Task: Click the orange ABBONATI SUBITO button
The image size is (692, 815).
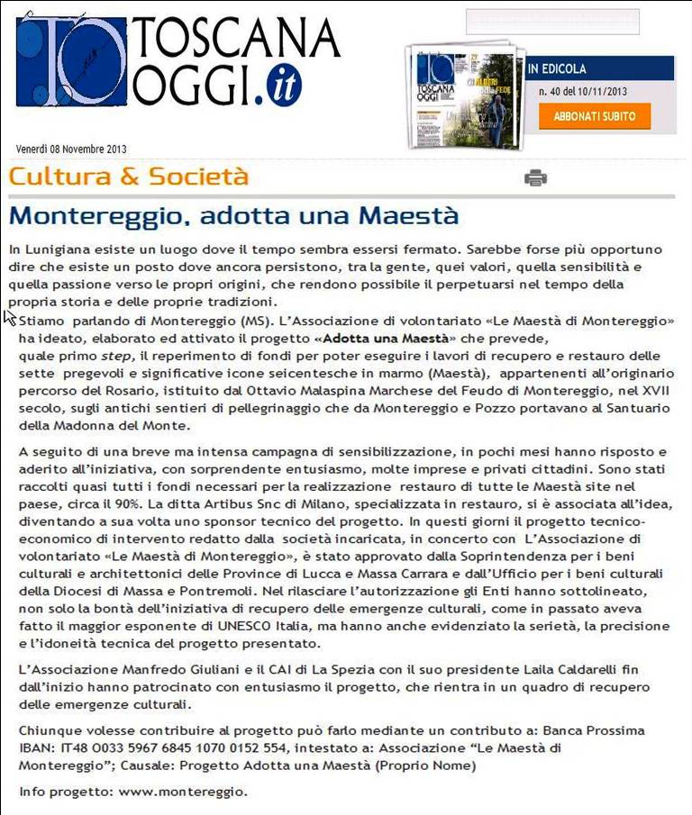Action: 594,116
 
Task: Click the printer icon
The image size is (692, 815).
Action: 535,177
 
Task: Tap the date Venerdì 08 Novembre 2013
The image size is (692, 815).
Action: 71,149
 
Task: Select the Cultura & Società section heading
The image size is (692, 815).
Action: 129,177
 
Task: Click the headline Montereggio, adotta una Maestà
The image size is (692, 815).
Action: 234,216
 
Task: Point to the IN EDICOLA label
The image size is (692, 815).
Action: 557,68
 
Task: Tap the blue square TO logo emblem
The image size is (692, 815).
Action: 70,59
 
